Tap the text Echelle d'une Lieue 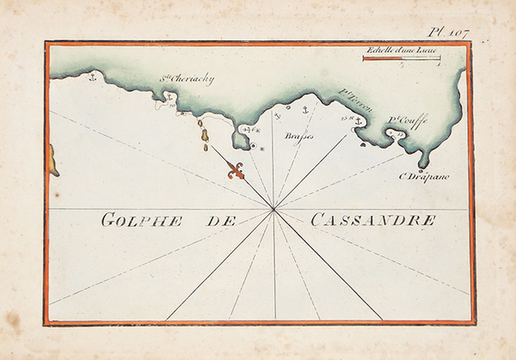point(401,52)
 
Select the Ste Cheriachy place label point(187,79)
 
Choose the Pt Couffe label point(406,121)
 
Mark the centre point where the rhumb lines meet point(273,209)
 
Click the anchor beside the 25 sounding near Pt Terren point(359,120)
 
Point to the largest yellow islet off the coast point(203,131)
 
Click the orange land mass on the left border point(53,161)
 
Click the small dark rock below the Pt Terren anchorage point(362,144)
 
